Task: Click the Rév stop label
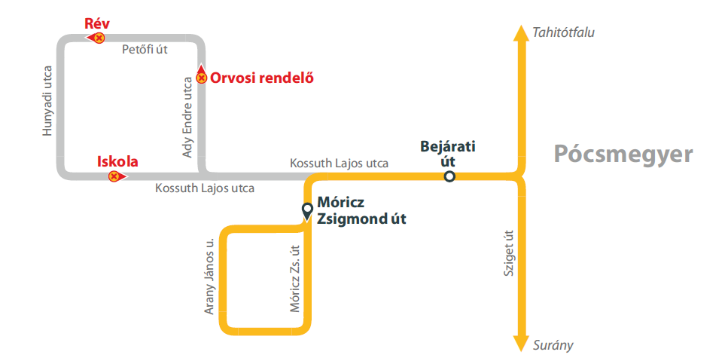click(x=97, y=23)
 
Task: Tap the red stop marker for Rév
click(x=98, y=37)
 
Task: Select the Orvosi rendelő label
click(x=261, y=77)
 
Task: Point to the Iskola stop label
click(x=117, y=161)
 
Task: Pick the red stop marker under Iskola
click(x=114, y=176)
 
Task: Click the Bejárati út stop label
click(x=449, y=153)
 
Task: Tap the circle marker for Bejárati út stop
click(x=449, y=176)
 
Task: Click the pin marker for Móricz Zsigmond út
click(x=307, y=210)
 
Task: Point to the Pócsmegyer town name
click(x=623, y=154)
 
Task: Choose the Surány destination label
click(x=553, y=345)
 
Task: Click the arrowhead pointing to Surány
click(x=519, y=343)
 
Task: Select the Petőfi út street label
click(x=145, y=50)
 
